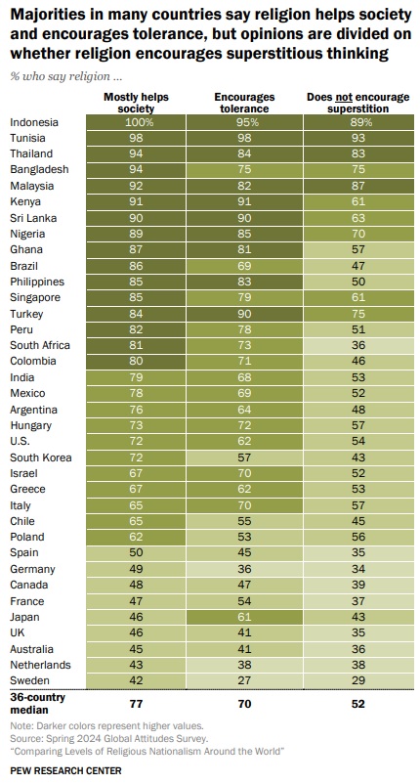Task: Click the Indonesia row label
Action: tap(34, 122)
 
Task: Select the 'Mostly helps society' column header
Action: tap(136, 103)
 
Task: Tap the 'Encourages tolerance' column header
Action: tap(244, 103)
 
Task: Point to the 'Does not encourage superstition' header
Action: tap(358, 103)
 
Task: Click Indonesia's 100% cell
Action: tap(136, 122)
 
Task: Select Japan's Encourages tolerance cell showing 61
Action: tap(244, 617)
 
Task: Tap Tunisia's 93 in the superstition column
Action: tap(358, 138)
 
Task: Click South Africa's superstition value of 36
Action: tap(358, 345)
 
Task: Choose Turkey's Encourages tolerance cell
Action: tap(244, 314)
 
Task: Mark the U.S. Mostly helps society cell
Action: tap(136, 441)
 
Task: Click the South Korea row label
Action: tap(41, 457)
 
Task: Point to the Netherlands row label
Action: tap(40, 665)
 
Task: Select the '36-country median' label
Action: tap(37, 704)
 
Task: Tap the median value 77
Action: tap(136, 704)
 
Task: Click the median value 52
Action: tap(358, 704)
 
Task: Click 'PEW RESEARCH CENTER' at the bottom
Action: tap(65, 770)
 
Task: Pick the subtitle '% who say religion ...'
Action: tap(65, 76)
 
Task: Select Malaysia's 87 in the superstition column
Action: tap(358, 186)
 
